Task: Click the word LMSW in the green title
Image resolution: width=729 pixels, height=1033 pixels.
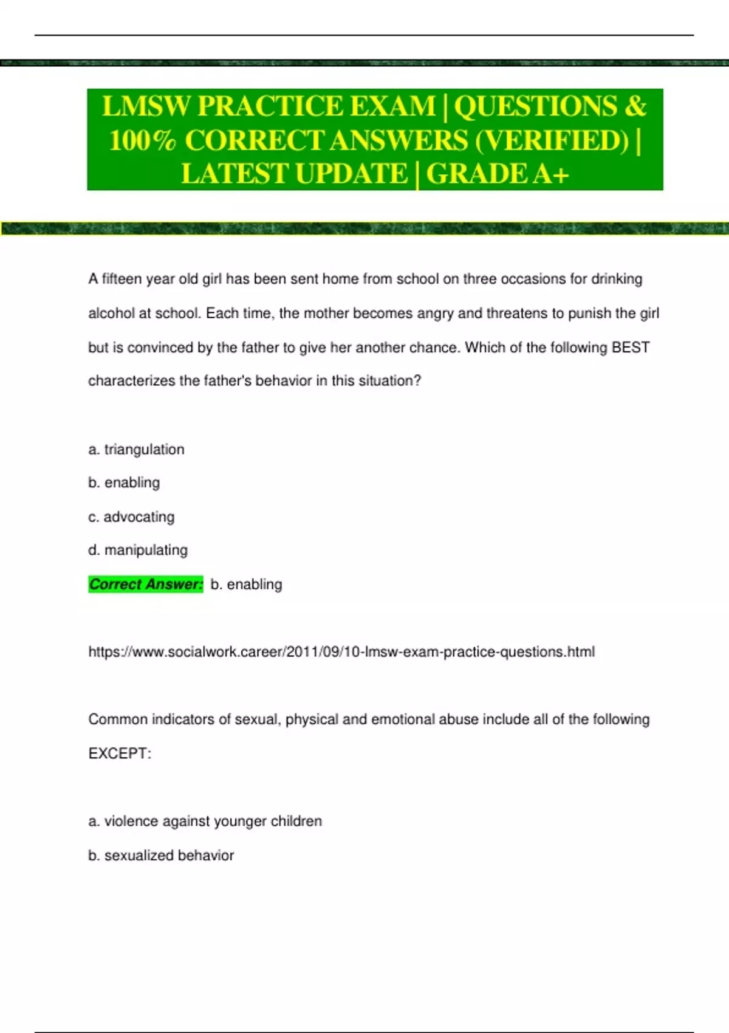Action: click(146, 106)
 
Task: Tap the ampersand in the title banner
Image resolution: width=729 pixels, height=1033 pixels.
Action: click(635, 106)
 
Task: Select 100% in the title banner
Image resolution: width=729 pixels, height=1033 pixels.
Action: click(143, 140)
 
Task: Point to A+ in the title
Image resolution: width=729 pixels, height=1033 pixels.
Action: click(551, 174)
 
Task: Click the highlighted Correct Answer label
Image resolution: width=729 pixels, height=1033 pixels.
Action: click(146, 585)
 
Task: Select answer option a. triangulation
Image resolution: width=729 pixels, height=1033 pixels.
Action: click(136, 450)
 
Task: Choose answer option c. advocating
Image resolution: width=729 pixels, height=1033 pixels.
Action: click(131, 517)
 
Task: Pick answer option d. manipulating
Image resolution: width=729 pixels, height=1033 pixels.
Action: click(138, 551)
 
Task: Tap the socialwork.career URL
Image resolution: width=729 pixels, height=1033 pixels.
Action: click(341, 652)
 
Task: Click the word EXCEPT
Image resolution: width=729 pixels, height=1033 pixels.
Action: click(119, 753)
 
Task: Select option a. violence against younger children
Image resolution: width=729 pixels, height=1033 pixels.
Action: click(205, 822)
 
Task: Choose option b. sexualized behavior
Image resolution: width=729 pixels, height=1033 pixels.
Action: click(161, 856)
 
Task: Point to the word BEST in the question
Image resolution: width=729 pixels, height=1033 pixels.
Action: click(631, 348)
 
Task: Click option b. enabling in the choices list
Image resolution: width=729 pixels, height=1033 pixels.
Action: click(124, 483)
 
